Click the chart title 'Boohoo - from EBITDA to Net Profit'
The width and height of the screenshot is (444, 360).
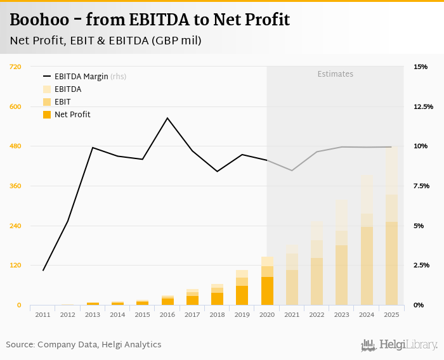click(x=150, y=20)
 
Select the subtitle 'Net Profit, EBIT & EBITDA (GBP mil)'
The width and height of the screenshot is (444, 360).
click(x=105, y=41)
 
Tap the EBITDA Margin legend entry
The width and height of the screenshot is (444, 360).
click(x=81, y=77)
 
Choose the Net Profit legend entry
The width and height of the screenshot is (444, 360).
click(x=72, y=115)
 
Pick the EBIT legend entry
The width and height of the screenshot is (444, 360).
click(x=62, y=102)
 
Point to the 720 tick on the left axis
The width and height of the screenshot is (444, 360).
click(x=15, y=67)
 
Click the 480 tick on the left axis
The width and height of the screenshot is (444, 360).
click(x=15, y=146)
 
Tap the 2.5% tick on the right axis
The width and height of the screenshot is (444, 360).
click(x=421, y=266)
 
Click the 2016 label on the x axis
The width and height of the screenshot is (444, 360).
click(x=167, y=314)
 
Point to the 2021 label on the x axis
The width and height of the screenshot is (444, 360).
click(x=292, y=314)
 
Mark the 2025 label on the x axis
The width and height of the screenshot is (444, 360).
click(x=391, y=314)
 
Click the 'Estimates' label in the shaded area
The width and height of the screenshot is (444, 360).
click(x=335, y=74)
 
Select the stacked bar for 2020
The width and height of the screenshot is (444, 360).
click(x=267, y=281)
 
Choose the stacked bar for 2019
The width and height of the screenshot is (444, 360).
click(x=242, y=288)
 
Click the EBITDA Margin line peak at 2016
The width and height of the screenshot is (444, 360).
click(x=167, y=118)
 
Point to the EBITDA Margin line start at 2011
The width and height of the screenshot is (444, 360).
click(x=43, y=271)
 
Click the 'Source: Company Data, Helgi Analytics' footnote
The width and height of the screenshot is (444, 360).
click(x=84, y=345)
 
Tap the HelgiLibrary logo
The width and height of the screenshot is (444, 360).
click(x=400, y=345)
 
